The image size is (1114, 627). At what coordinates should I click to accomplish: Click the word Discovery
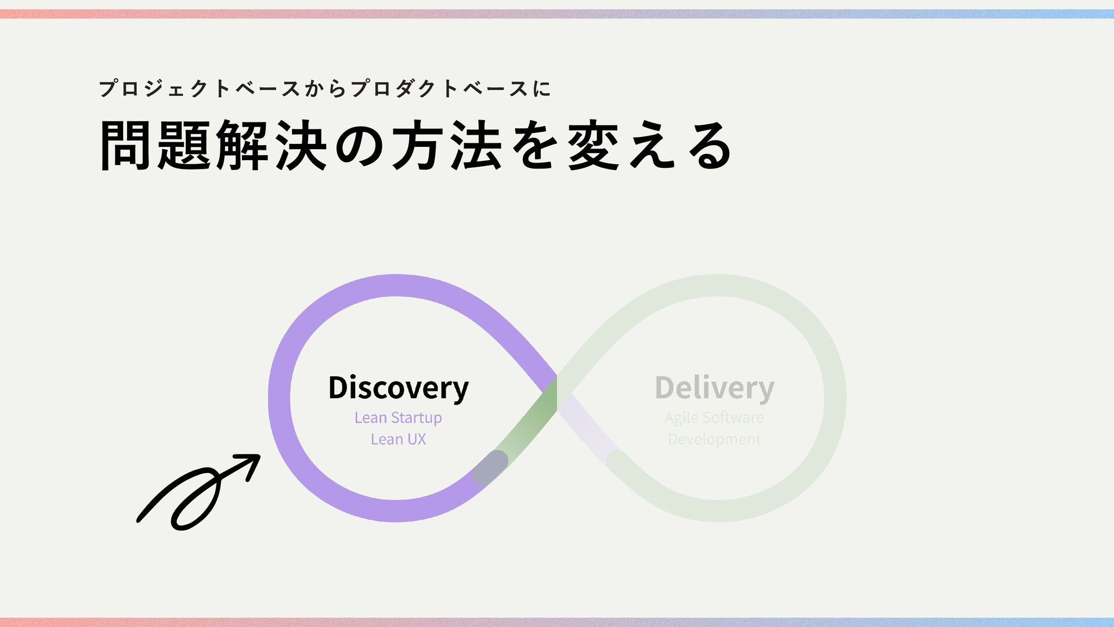398,388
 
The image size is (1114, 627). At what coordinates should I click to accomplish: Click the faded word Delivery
714,388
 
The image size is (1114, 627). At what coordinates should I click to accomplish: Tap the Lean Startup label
398,418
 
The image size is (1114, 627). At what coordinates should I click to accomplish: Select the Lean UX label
398,439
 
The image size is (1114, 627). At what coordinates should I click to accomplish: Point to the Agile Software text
714,418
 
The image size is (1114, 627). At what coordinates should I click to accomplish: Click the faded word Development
714,439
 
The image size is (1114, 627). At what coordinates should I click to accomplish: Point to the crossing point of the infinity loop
556,394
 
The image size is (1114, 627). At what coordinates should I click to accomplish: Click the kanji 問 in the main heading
125,145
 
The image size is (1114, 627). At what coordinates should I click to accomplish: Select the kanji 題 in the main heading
184,145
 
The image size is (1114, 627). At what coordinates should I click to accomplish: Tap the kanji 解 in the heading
243,145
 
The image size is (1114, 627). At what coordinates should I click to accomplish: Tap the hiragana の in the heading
360,145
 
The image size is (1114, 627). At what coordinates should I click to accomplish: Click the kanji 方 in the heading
418,145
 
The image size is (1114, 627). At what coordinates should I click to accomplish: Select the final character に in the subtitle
541,89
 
